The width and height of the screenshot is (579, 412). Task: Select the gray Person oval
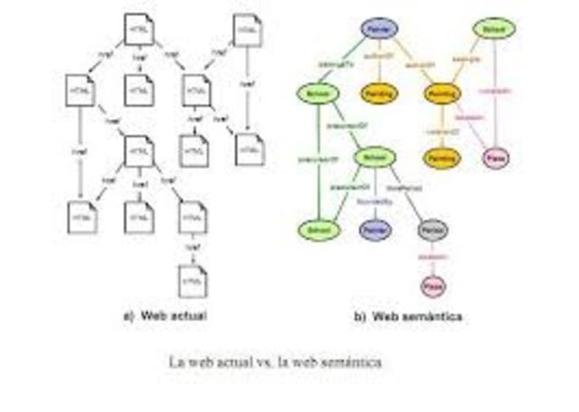431,232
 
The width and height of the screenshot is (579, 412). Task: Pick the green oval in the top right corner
493,29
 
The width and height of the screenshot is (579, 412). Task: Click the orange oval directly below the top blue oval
375,93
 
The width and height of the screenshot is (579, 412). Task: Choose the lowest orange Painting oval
441,157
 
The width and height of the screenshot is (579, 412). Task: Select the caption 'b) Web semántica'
407,317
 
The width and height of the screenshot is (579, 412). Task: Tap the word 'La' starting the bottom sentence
176,361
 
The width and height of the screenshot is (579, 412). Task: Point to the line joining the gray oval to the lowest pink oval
431,259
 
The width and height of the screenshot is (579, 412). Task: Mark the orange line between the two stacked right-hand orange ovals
441,127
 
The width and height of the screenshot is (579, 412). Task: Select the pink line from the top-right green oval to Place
497,91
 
